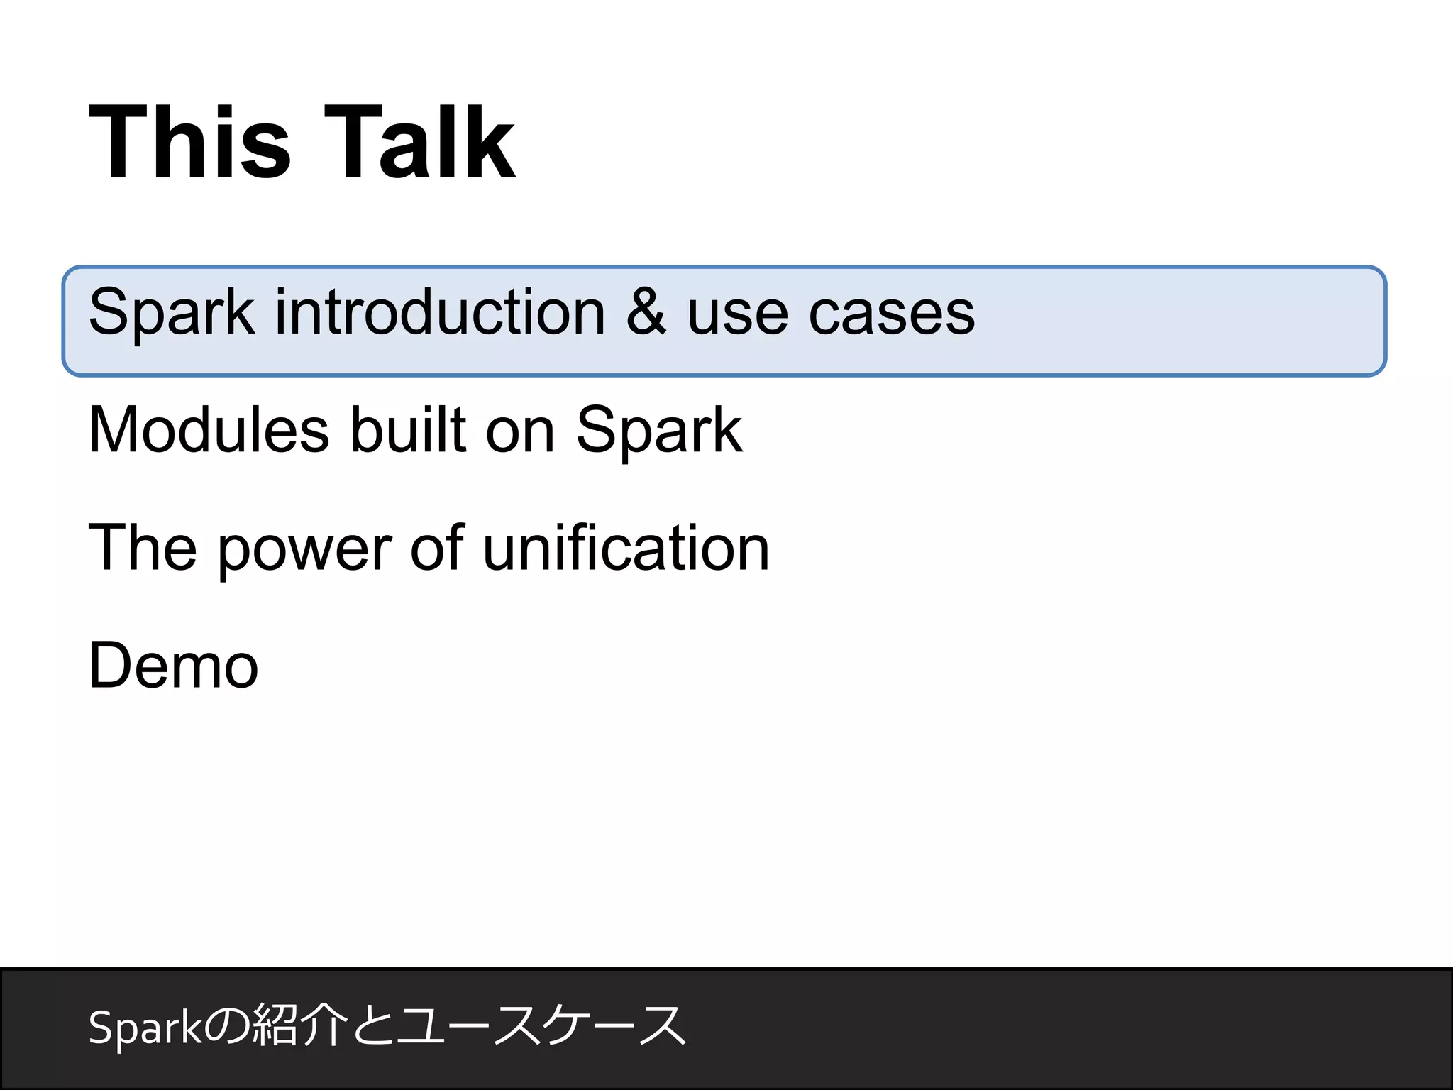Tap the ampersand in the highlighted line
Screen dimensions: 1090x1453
pos(646,312)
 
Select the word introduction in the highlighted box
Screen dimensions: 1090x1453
pos(440,312)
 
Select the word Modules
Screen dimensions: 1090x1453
pos(209,430)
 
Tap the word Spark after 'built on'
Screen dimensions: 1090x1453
pos(659,431)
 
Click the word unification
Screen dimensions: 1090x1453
pos(626,548)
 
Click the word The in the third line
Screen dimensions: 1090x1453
pos(142,548)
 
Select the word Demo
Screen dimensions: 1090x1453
pos(173,666)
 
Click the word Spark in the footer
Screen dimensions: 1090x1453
pos(145,1028)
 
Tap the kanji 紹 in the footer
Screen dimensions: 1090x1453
pos(275,1025)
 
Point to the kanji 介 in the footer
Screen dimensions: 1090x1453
pos(323,1025)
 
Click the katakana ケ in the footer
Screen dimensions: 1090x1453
pos(564,1025)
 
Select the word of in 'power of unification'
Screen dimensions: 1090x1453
pos(436,548)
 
